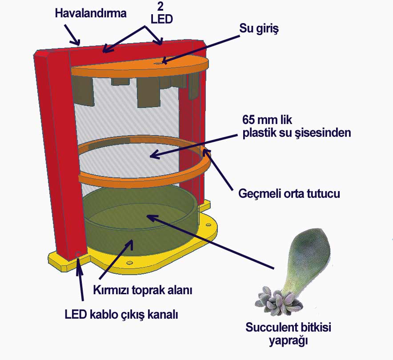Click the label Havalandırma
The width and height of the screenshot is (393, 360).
pyautogui.click(x=91, y=13)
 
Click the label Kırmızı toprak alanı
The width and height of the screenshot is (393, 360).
pyautogui.click(x=142, y=291)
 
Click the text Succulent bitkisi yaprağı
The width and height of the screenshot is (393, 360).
pyautogui.click(x=289, y=334)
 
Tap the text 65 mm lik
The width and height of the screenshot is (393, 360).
pyautogui.click(x=269, y=120)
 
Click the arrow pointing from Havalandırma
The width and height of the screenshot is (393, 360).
pyautogui.click(x=72, y=34)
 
